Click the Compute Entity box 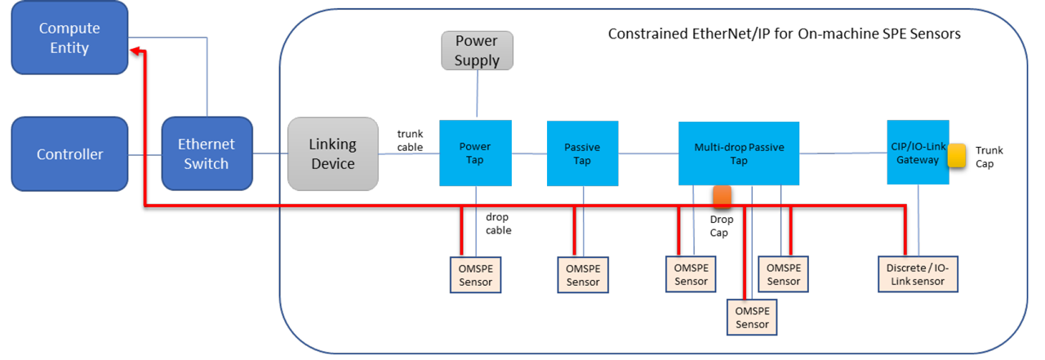69,38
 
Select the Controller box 69,154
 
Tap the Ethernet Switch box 207,154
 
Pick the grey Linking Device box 332,154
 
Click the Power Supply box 477,50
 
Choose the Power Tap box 475,153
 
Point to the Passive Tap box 582,153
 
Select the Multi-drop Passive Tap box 738,153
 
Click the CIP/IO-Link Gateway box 918,152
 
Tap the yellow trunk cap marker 957,156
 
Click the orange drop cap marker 722,198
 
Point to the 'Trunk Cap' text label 989,157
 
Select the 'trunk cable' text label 410,140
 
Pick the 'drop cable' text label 497,224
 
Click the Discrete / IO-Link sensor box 918,274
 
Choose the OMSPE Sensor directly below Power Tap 475,274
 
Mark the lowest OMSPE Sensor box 752,317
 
